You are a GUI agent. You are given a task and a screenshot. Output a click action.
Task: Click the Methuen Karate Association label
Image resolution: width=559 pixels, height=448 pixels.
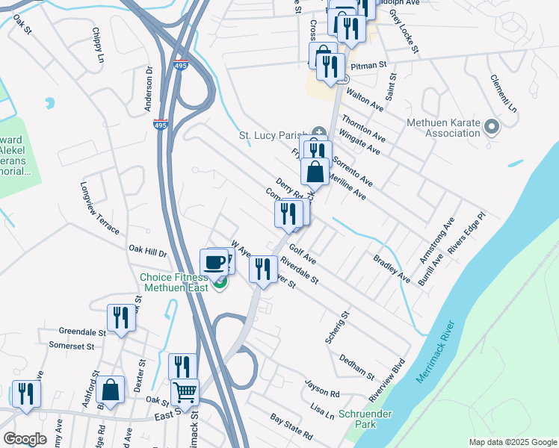tap(442, 128)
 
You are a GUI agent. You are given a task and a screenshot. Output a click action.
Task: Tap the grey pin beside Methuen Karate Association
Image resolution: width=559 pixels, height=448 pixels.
tap(491, 128)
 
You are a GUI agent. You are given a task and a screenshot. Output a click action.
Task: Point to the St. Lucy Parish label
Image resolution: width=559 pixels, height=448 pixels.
tap(272, 136)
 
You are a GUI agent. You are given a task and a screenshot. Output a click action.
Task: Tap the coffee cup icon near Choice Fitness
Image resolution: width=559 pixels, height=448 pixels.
tap(214, 262)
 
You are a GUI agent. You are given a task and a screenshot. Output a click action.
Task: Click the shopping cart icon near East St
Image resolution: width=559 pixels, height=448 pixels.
tap(184, 391)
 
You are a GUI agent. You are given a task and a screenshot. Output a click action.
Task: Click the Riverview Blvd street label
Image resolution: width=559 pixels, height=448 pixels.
tap(387, 376)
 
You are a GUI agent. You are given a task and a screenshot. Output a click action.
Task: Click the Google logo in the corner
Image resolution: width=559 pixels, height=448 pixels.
tap(25, 439)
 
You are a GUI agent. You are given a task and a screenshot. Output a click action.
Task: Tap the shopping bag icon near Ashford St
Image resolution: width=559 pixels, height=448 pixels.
tap(110, 390)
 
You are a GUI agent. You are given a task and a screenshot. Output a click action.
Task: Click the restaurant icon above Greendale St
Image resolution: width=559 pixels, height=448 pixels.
tap(120, 317)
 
